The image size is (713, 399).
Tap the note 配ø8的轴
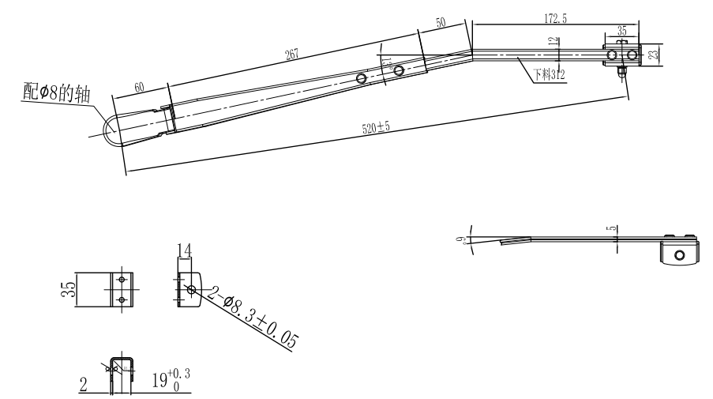coord(47,93)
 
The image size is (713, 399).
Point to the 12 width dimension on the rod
coord(559,41)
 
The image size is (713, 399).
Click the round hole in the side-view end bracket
coord(679,255)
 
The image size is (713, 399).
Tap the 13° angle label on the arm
coord(387,63)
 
